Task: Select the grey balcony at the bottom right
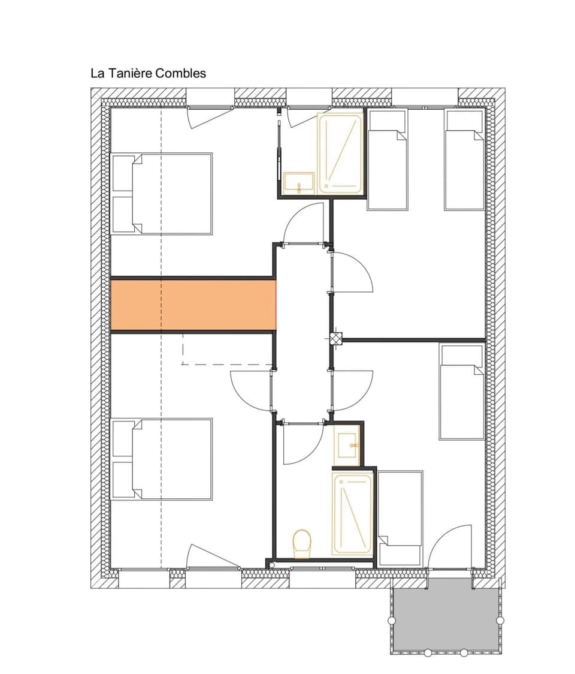click(446, 618)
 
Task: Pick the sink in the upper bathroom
click(298, 183)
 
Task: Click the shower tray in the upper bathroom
click(340, 153)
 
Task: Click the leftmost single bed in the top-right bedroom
click(387, 160)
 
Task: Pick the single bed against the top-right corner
click(464, 160)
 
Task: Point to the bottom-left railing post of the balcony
click(392, 620)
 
